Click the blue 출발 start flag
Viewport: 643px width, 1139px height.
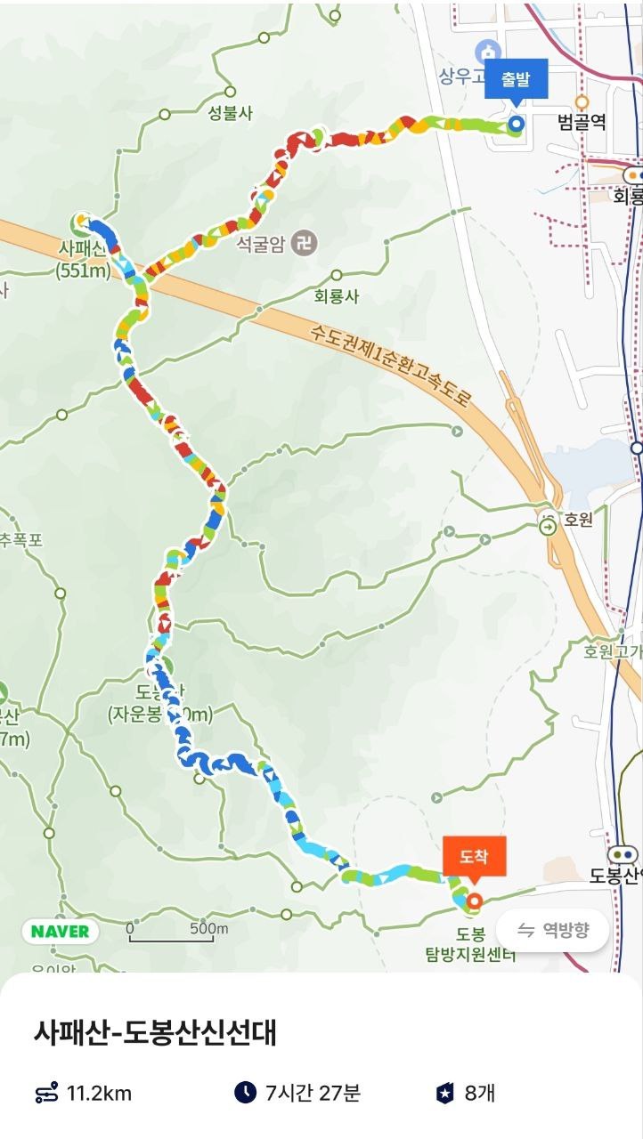click(x=516, y=80)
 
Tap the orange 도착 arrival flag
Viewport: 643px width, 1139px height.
click(x=474, y=857)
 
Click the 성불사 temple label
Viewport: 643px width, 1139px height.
click(x=231, y=113)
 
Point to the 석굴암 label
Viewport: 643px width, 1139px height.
click(x=261, y=242)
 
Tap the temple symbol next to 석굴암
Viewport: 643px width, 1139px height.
click(x=305, y=242)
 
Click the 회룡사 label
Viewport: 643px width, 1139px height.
click(x=337, y=296)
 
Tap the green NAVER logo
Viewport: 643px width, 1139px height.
click(x=61, y=932)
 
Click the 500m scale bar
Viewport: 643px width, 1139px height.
click(x=178, y=932)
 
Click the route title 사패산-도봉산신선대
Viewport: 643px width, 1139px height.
click(x=155, y=1033)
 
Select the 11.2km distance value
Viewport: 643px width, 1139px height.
click(x=99, y=1093)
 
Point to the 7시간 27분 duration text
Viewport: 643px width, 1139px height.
click(x=313, y=1093)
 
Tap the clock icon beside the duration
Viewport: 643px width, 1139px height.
click(x=245, y=1092)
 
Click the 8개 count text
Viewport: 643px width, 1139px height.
click(x=479, y=1093)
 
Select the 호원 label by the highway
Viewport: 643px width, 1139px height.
click(x=579, y=521)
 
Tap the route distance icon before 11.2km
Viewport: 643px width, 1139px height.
click(x=46, y=1093)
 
